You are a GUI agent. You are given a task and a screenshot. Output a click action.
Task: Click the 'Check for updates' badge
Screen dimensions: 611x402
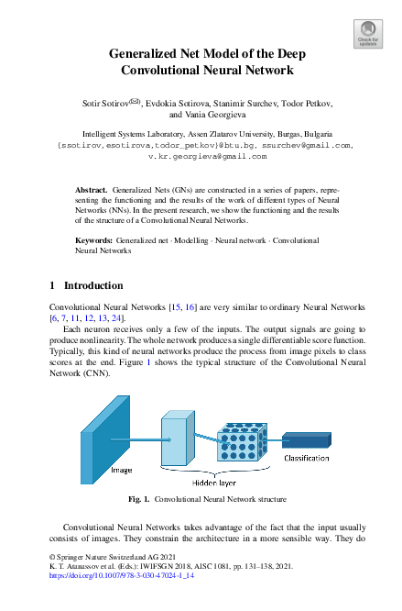367,35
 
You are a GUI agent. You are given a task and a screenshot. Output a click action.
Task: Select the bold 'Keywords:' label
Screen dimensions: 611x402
93,239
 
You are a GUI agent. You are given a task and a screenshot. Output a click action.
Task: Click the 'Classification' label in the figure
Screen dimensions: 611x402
307,456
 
